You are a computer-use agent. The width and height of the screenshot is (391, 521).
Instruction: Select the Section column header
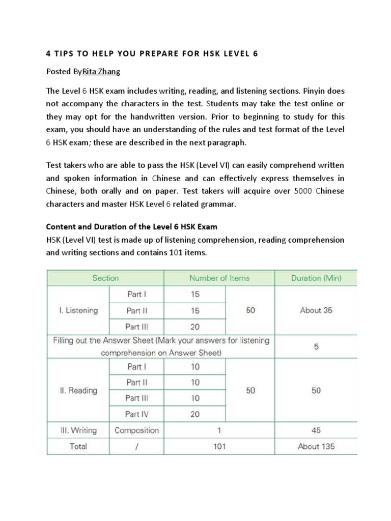(105, 278)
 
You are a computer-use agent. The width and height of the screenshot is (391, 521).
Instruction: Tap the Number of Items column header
(219, 278)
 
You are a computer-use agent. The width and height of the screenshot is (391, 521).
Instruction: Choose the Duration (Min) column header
(316, 278)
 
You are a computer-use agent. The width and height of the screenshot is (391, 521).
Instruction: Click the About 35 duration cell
(316, 310)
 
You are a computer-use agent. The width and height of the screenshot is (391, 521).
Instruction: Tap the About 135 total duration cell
(316, 447)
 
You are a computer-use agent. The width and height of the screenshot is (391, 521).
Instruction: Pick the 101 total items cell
(219, 447)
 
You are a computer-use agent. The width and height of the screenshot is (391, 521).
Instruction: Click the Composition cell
(136, 430)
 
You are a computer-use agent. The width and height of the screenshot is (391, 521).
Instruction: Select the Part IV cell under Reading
(136, 414)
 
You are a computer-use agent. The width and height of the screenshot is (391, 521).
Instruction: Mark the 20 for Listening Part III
(195, 327)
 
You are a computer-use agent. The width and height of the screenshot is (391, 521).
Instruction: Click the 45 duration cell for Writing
(316, 430)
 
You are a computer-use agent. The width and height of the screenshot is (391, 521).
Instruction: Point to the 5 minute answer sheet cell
(316, 346)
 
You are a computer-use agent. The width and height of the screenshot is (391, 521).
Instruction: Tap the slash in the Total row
(136, 447)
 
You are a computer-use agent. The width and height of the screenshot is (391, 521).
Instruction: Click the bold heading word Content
(62, 226)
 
